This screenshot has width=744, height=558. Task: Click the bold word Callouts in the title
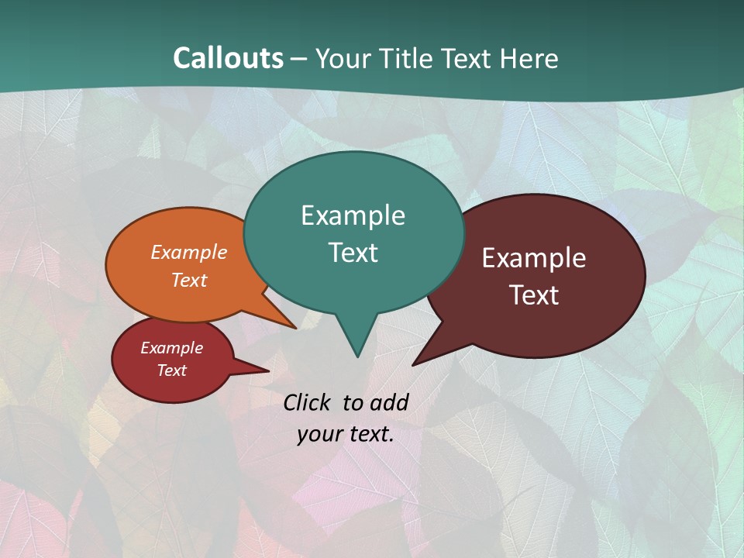[x=228, y=58]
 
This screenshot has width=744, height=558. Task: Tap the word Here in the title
[x=529, y=58]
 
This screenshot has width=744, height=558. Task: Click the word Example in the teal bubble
[x=353, y=215]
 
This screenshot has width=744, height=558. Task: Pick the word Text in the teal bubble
[x=353, y=253]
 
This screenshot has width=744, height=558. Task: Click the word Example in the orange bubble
[x=189, y=252]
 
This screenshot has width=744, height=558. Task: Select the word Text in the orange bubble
[x=189, y=280]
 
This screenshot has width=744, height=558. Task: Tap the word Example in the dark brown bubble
[x=534, y=258]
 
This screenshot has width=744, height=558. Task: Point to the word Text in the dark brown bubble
[x=535, y=295]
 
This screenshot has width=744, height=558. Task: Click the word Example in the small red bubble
[x=171, y=348]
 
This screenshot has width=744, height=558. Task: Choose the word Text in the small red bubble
[x=171, y=370]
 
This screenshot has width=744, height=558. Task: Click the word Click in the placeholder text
[x=308, y=402]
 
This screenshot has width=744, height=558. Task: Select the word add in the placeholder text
[x=389, y=402]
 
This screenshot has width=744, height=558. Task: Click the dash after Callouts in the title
[x=299, y=58]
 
